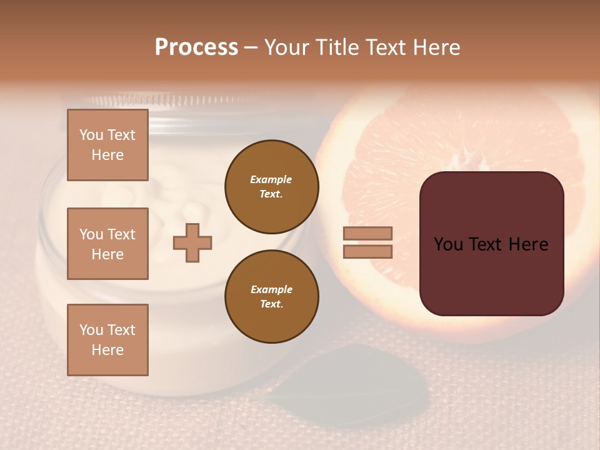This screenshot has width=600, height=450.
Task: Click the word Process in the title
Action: (x=196, y=47)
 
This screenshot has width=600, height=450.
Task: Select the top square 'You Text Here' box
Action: (x=107, y=145)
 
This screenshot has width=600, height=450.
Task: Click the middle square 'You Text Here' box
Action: (x=107, y=244)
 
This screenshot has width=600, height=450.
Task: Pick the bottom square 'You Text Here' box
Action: (x=107, y=339)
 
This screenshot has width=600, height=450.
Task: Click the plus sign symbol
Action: (x=192, y=242)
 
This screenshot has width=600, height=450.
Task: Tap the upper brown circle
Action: (x=271, y=186)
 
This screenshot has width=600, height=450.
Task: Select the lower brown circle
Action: (x=271, y=296)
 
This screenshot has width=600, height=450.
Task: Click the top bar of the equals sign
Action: (x=367, y=233)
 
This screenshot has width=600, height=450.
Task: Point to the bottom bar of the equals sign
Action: (x=367, y=251)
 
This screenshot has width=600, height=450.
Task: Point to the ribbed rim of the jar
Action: (x=187, y=101)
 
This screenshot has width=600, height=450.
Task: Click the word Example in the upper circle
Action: (x=271, y=179)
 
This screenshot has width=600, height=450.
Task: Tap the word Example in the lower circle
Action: (x=271, y=289)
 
